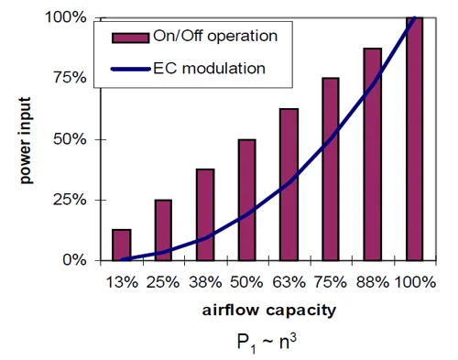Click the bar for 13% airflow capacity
click(122, 245)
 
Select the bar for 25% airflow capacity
click(163, 230)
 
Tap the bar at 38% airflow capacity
click(206, 214)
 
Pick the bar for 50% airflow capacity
click(247, 200)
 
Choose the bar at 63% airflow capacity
click(289, 184)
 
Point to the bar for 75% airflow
click(331, 169)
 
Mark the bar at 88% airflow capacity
click(372, 154)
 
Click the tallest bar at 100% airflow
click(414, 138)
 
